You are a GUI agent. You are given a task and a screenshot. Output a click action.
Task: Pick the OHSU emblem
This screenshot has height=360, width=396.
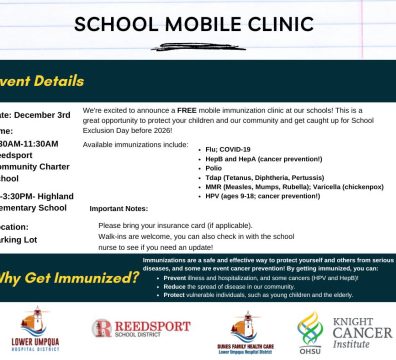coord(308,330)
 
